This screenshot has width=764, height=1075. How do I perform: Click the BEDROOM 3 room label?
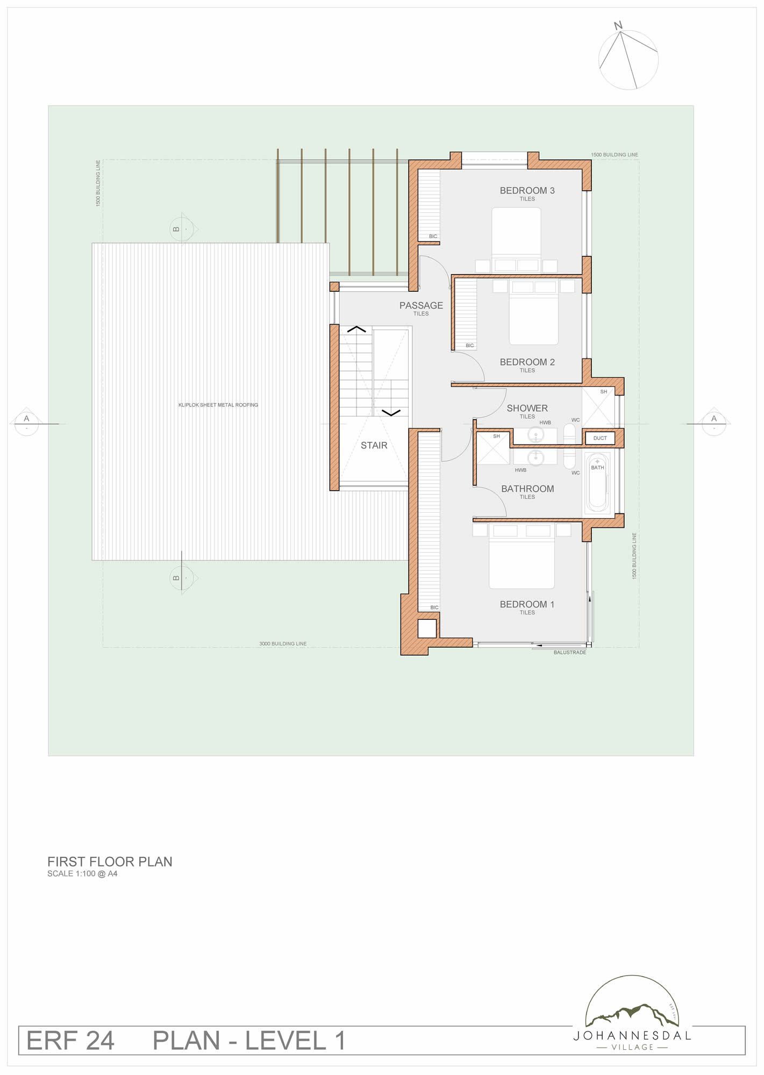pyautogui.click(x=527, y=190)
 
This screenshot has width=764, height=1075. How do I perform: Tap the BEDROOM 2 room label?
pyautogui.click(x=527, y=362)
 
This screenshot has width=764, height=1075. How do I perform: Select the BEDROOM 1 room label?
pyautogui.click(x=527, y=604)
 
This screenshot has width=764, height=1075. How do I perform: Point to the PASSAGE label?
pyautogui.click(x=421, y=305)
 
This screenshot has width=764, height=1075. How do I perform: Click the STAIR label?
pyautogui.click(x=374, y=445)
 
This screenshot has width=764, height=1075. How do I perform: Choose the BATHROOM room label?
pyautogui.click(x=527, y=489)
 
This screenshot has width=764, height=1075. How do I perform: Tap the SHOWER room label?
pyautogui.click(x=527, y=408)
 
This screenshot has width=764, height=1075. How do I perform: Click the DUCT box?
pyautogui.click(x=600, y=438)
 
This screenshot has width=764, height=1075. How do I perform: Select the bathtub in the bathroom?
pyautogui.click(x=597, y=483)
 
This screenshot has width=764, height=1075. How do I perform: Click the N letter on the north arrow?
pyautogui.click(x=618, y=25)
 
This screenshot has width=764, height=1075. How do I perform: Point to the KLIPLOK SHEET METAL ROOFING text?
pyautogui.click(x=218, y=405)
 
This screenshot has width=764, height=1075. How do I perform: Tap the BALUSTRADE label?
pyautogui.click(x=570, y=653)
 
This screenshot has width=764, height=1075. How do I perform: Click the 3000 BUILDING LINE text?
pyautogui.click(x=283, y=643)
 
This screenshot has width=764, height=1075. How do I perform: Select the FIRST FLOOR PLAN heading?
pyautogui.click(x=110, y=862)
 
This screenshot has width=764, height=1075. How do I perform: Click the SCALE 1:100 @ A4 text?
pyautogui.click(x=82, y=873)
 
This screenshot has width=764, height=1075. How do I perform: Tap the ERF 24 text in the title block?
pyautogui.click(x=70, y=1041)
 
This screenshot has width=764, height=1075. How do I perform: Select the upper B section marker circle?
pyautogui.click(x=182, y=230)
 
